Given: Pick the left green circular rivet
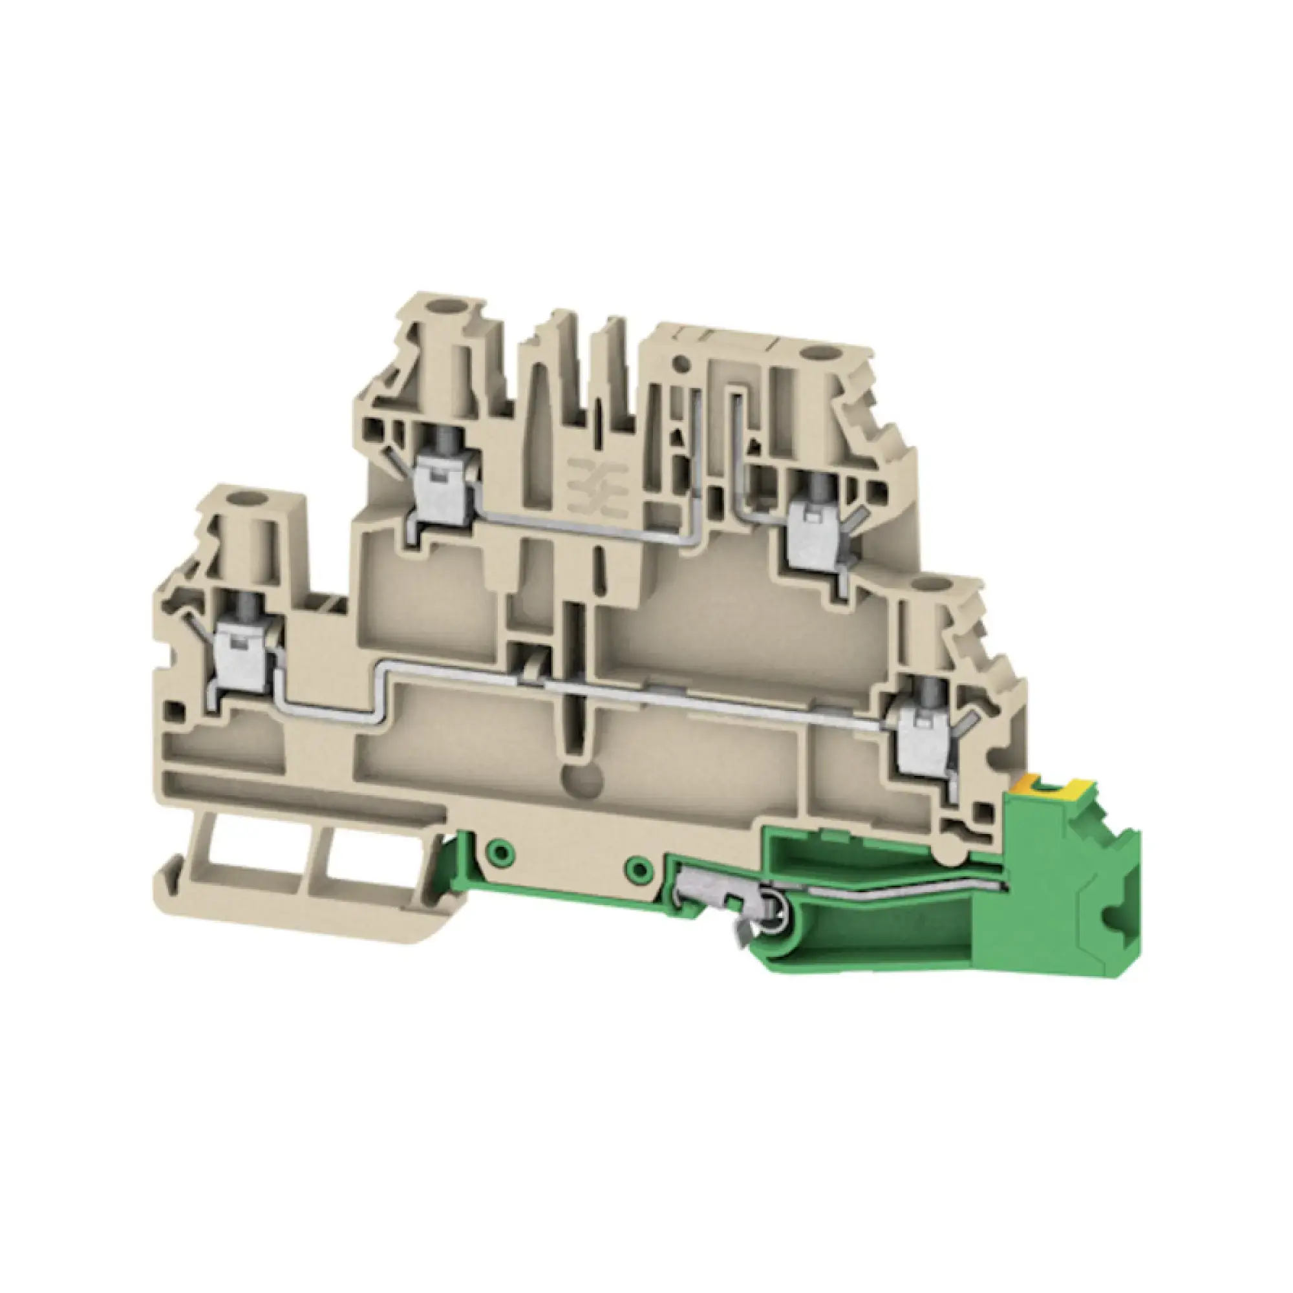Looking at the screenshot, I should click(x=499, y=850).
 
